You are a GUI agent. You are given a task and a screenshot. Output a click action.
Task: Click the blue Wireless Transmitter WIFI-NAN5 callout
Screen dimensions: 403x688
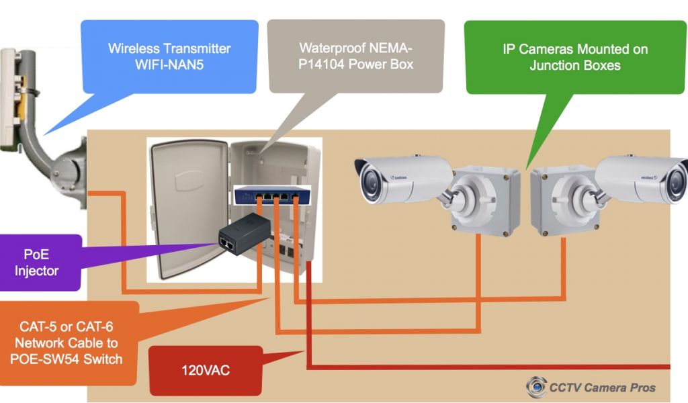[x=169, y=56]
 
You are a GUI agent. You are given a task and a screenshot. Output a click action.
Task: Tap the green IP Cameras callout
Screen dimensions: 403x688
[x=574, y=56]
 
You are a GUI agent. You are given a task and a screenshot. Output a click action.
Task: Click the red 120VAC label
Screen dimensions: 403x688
[x=206, y=370]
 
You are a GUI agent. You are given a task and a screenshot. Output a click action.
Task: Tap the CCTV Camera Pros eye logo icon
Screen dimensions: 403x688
[x=536, y=388]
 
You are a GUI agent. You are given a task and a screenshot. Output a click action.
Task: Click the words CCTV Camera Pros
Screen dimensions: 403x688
[x=602, y=387]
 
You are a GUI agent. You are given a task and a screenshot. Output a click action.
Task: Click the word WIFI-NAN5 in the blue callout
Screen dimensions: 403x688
[x=169, y=65]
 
